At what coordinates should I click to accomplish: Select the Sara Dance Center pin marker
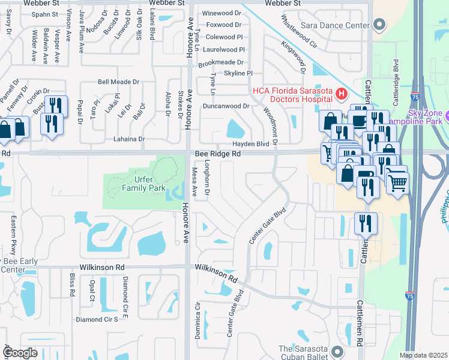click(378, 25)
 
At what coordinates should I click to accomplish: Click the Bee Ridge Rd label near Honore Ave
click(218, 154)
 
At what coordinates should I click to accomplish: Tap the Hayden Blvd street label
click(251, 145)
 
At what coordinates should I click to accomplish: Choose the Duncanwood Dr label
click(226, 106)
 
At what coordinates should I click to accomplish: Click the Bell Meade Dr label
click(118, 82)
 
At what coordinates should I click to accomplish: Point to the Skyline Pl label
click(238, 73)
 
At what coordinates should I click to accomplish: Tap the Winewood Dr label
click(221, 13)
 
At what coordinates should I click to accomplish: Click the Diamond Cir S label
click(97, 320)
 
